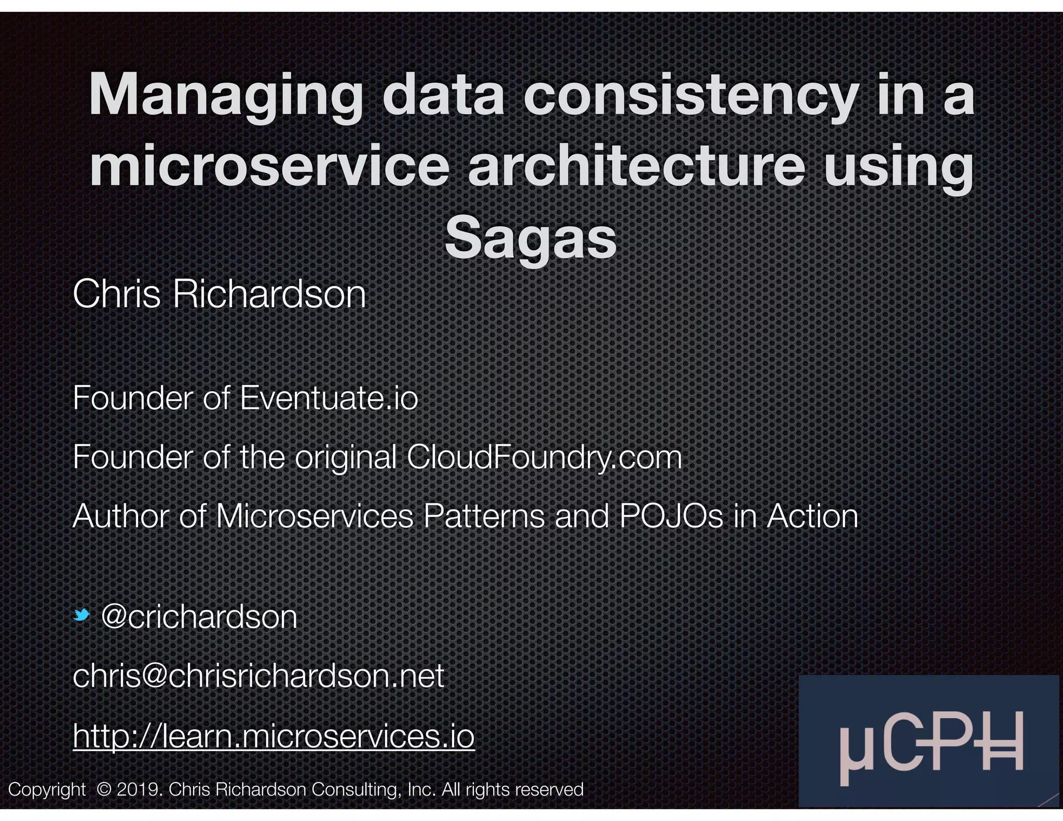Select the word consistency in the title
(x=690, y=97)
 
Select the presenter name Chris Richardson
(x=220, y=294)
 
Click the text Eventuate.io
(x=329, y=398)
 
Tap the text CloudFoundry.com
(x=544, y=457)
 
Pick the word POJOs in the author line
(x=671, y=516)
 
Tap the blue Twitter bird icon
(x=81, y=615)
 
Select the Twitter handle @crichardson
(x=199, y=617)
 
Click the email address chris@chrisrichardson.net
(x=258, y=676)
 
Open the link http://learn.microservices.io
(x=274, y=735)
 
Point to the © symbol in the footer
(x=104, y=789)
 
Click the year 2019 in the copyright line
(x=135, y=789)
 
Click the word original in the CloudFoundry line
(x=346, y=457)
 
